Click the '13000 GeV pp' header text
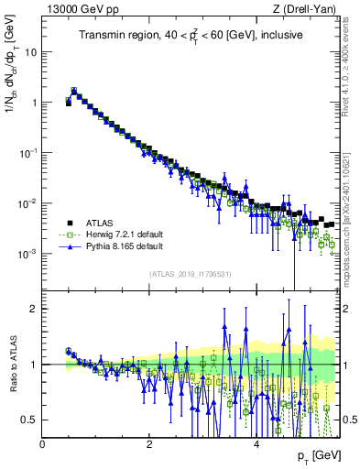(x=75, y=10)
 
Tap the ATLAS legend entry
(x=90, y=223)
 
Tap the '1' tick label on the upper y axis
(x=34, y=103)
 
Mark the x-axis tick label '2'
(x=149, y=444)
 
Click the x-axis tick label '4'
(x=256, y=444)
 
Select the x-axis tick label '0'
(x=43, y=444)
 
